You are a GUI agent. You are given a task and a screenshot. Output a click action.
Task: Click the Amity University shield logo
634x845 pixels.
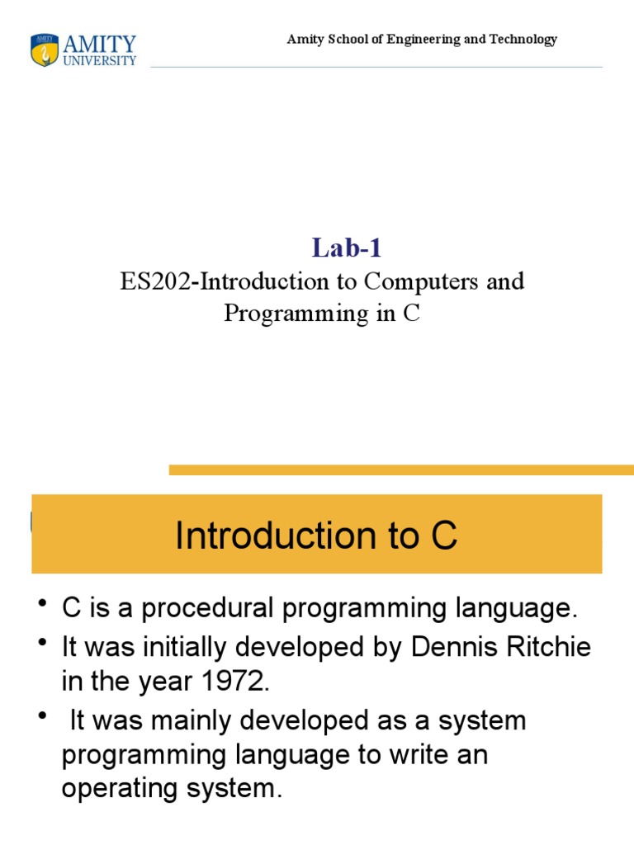click(45, 50)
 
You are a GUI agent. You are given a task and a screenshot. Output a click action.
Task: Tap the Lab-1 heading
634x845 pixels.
click(347, 247)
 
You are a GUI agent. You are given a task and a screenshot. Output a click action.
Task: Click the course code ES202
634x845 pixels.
click(156, 281)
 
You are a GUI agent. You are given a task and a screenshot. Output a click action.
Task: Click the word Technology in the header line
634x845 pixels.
click(522, 39)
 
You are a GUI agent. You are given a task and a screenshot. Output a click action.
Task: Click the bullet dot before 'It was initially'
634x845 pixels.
click(42, 644)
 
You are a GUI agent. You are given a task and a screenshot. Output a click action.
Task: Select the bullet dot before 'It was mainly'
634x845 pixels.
click(42, 717)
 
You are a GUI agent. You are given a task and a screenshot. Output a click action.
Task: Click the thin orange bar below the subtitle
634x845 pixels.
click(401, 470)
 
